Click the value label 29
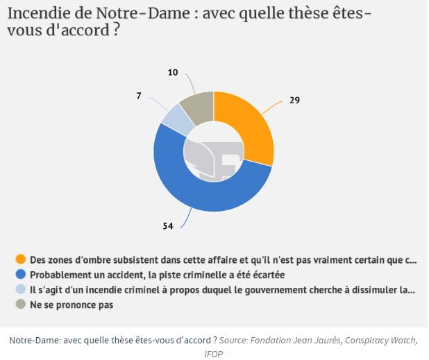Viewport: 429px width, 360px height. point(294,100)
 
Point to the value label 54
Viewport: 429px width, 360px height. point(167,225)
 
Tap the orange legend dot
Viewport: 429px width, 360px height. point(20,260)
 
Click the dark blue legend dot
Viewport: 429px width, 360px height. point(20,275)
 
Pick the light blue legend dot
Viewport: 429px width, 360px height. point(20,290)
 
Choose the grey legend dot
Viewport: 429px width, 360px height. point(20,305)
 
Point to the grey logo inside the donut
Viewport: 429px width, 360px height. point(213,157)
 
